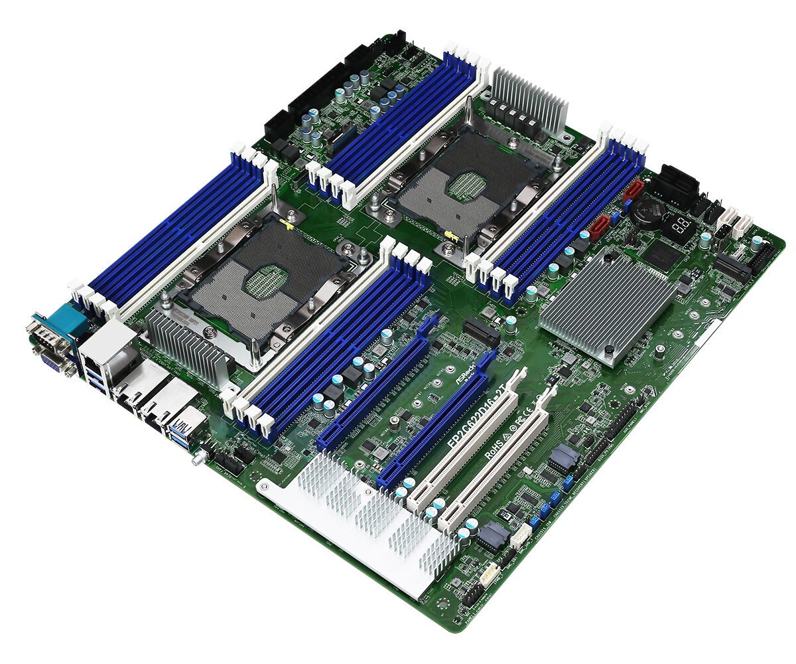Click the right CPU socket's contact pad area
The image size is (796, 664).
coord(465,185)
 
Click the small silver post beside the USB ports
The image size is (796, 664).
coord(197,459)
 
